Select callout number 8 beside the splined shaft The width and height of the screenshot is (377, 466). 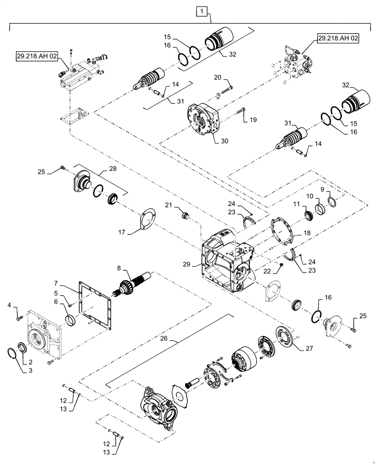[x=119, y=268]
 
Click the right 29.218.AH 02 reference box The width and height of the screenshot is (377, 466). [x=339, y=39]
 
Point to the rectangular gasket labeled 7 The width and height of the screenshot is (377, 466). [x=96, y=307]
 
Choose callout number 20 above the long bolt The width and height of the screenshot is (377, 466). [x=217, y=77]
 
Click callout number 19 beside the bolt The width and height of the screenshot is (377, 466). [x=253, y=119]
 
